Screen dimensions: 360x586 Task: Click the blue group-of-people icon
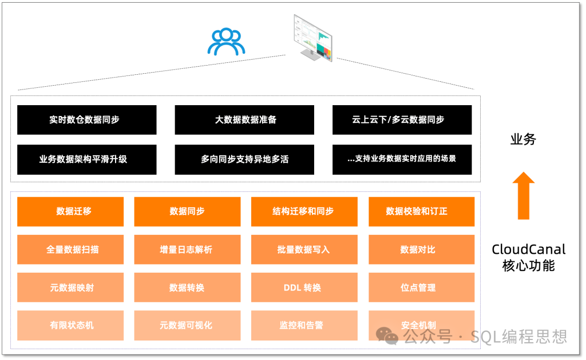[226, 42]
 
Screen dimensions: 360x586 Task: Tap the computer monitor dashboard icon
[313, 38]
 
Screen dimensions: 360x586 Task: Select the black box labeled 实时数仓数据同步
[87, 120]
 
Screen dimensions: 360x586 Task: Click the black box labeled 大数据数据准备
[244, 120]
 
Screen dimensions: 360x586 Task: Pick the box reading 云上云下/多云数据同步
[402, 120]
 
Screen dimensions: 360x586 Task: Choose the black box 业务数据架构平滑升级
[87, 159]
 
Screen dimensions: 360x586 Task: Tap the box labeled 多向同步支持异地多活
[244, 159]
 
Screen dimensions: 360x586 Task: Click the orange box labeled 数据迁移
[71, 211]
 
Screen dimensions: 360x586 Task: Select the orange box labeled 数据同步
[187, 211]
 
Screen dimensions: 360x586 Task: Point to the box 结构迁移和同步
[304, 211]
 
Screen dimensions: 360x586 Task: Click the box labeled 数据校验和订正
[422, 211]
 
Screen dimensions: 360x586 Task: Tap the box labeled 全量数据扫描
[71, 249]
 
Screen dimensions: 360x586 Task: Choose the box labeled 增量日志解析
[187, 249]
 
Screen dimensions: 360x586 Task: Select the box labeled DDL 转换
[304, 287]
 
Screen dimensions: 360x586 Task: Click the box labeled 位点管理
[422, 287]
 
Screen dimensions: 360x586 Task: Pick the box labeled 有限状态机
[71, 325]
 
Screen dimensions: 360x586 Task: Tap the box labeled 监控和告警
[304, 325]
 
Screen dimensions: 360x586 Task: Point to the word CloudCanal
[528, 249]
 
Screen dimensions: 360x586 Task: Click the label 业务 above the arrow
[523, 139]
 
